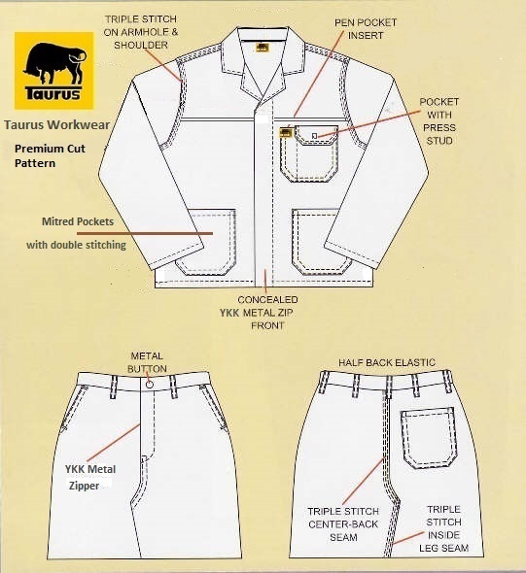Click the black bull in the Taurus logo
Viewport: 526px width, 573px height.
coord(54,63)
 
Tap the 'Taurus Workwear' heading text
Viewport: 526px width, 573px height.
coord(56,125)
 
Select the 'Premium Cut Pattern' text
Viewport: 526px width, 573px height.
coord(50,155)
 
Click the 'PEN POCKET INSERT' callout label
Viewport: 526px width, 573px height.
coord(366,29)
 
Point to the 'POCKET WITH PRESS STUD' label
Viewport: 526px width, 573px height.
coord(438,121)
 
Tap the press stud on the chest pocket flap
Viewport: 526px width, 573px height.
coord(314,136)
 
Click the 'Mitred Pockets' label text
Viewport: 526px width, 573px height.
coord(78,221)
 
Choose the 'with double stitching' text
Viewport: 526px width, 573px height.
coord(76,245)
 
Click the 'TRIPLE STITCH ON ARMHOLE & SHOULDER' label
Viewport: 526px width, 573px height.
coord(141,32)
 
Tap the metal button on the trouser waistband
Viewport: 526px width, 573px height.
coord(149,385)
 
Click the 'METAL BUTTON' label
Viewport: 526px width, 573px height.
coord(147,362)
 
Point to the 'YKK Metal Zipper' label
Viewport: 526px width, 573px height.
coord(90,477)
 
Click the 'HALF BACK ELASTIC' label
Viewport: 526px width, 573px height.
coord(387,362)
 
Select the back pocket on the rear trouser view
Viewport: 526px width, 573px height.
coord(429,437)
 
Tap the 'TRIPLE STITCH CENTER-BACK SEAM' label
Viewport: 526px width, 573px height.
coord(343,524)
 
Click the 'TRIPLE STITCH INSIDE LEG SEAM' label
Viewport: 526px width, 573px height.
coord(443,528)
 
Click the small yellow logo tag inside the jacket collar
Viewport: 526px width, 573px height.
coord(262,48)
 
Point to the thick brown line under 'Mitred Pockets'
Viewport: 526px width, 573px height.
coord(145,233)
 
